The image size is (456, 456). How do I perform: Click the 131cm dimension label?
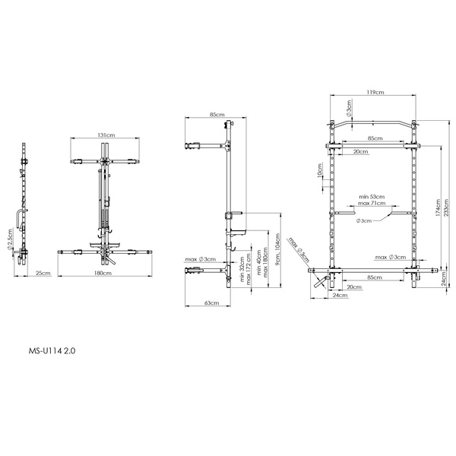106,135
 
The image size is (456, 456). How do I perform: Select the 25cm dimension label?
43,273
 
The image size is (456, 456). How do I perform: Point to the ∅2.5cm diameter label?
10,239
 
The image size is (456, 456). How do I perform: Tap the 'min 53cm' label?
372,195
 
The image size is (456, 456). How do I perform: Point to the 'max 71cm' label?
372,203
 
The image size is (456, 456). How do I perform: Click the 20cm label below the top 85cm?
363,152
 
